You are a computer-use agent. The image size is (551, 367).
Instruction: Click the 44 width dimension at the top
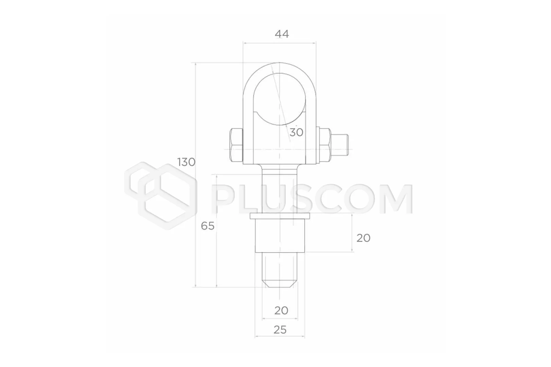pyautogui.click(x=282, y=34)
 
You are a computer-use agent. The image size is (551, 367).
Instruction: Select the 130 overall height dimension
pyautogui.click(x=186, y=162)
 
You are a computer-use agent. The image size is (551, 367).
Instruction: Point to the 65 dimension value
pyautogui.click(x=207, y=226)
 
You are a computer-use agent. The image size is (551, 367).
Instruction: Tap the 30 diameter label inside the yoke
pyautogui.click(x=296, y=133)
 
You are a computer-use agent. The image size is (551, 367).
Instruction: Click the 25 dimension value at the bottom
pyautogui.click(x=280, y=330)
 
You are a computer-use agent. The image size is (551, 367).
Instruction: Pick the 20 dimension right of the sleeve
pyautogui.click(x=363, y=238)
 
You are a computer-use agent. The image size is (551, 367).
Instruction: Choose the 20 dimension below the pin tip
pyautogui.click(x=281, y=311)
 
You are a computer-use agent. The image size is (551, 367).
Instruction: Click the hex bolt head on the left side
pyautogui.click(x=236, y=145)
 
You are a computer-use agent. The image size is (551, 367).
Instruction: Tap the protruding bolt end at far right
pyautogui.click(x=339, y=145)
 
